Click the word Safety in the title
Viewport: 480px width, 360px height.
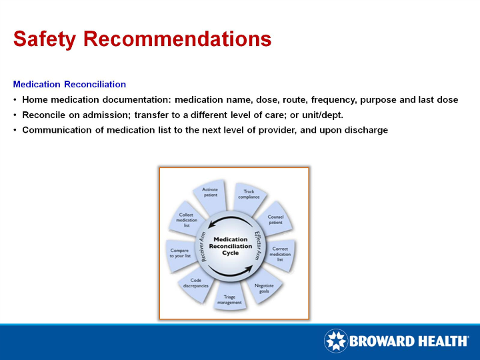point(45,39)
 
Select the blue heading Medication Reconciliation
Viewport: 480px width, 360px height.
point(69,85)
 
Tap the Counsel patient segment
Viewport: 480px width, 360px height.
point(275,219)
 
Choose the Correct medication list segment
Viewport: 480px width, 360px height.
point(280,253)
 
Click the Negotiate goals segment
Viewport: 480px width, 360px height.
point(264,288)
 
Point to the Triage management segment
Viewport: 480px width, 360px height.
point(229,299)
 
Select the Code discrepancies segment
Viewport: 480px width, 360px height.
point(196,283)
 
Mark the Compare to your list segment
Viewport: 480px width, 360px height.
point(180,253)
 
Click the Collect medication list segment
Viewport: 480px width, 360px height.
point(187,220)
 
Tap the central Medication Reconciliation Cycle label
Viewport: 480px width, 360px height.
point(230,246)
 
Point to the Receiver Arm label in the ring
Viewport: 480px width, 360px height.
point(201,245)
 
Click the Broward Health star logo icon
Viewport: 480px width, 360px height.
point(335,341)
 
